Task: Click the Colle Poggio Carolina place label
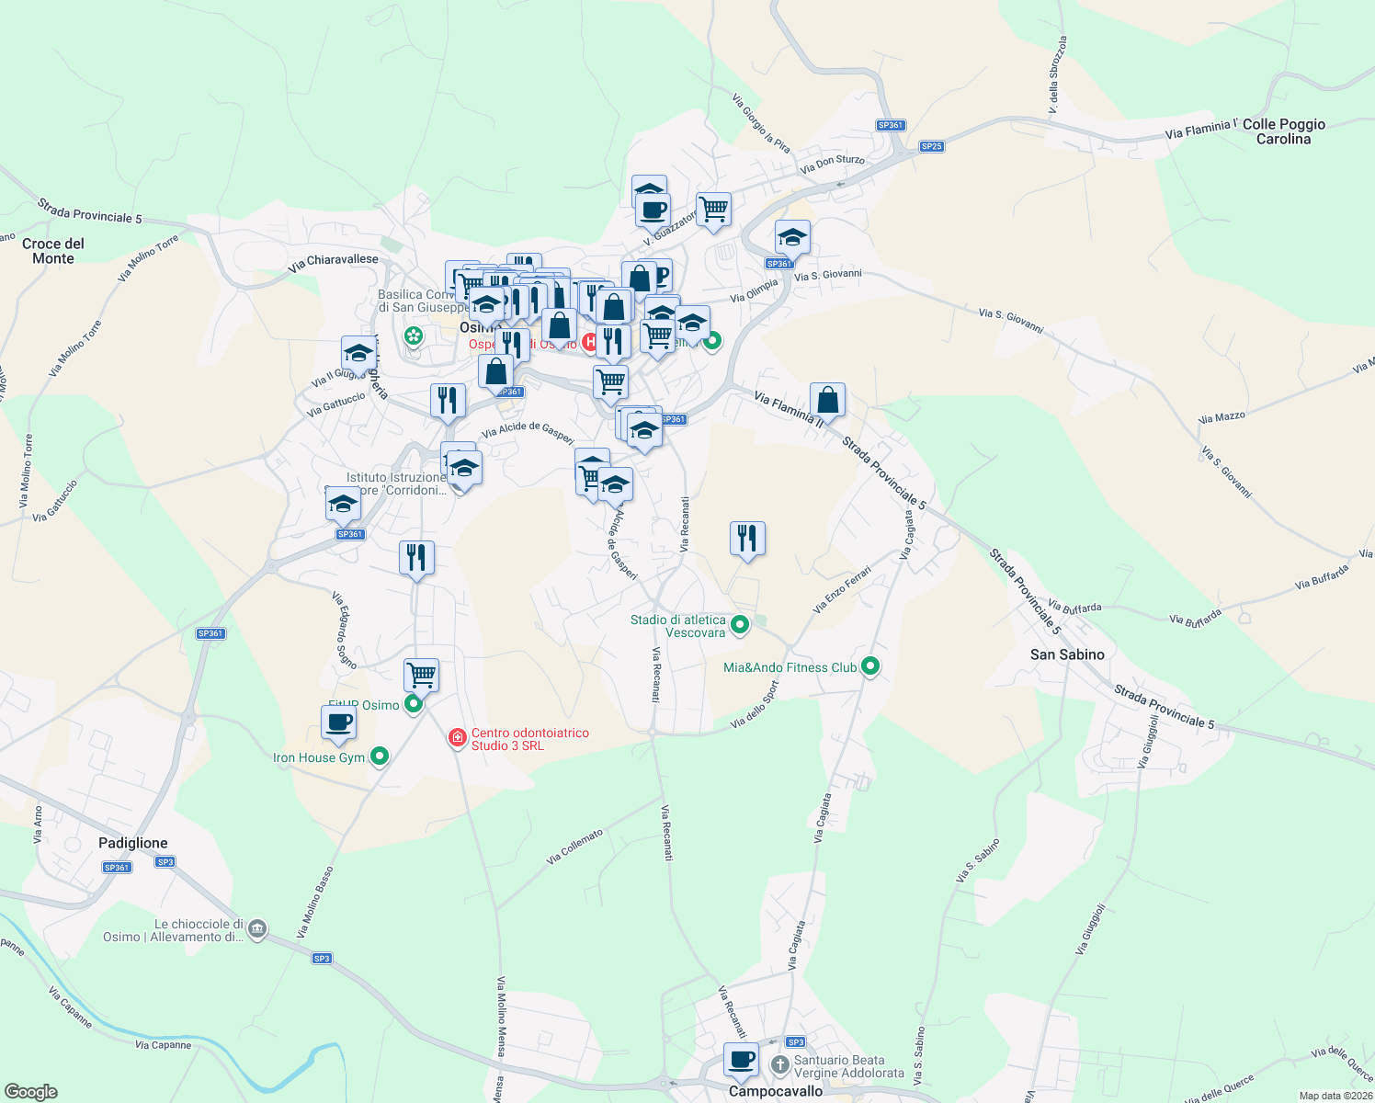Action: tap(1283, 131)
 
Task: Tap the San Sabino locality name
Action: tap(1067, 654)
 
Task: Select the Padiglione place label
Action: tap(133, 843)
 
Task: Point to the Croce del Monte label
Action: tap(53, 251)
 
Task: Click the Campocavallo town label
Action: tap(776, 1091)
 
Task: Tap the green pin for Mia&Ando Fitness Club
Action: tap(870, 666)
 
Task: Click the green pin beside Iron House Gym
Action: tap(380, 756)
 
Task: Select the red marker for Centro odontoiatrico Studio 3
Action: tap(457, 738)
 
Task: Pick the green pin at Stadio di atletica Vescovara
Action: tap(740, 625)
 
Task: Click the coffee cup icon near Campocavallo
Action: tap(741, 1059)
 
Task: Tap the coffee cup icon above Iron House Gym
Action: tap(339, 722)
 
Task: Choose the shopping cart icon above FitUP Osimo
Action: tap(421, 675)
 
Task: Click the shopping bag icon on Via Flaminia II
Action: tap(827, 400)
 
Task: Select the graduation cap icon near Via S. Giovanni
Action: tap(792, 237)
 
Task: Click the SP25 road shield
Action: tap(931, 146)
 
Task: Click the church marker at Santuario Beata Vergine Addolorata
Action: tap(779, 1065)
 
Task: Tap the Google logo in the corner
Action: tap(31, 1092)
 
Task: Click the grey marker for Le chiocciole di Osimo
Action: tap(257, 929)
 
